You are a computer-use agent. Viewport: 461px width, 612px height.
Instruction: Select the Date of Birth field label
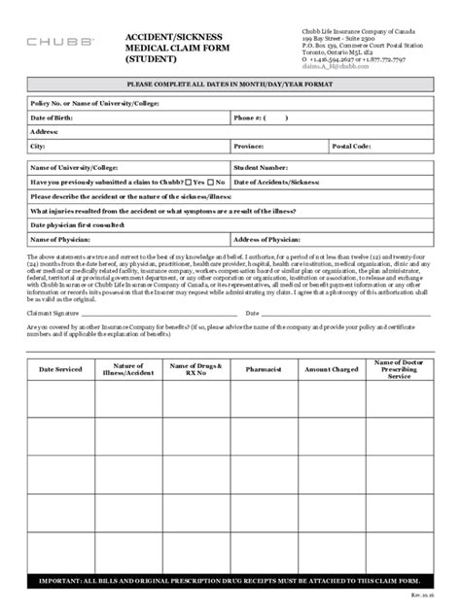(53, 117)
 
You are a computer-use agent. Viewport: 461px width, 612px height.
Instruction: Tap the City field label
(38, 146)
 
